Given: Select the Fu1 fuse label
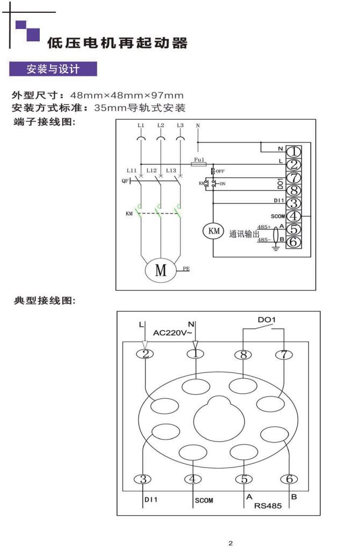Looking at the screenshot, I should pyautogui.click(x=198, y=160).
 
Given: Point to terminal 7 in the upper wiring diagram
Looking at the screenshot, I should pyautogui.click(x=294, y=178).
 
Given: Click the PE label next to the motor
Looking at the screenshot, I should pyautogui.click(x=186, y=266).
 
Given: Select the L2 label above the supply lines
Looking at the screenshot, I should pyautogui.click(x=160, y=125).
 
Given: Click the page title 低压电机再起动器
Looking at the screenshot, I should pyautogui.click(x=118, y=43).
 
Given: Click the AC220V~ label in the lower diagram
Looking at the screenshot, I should pyautogui.click(x=173, y=333).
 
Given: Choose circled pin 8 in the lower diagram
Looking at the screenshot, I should pyautogui.click(x=244, y=354).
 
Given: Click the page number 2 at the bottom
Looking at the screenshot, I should pyautogui.click(x=231, y=544).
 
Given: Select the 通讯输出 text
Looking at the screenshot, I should pyautogui.click(x=244, y=234).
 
